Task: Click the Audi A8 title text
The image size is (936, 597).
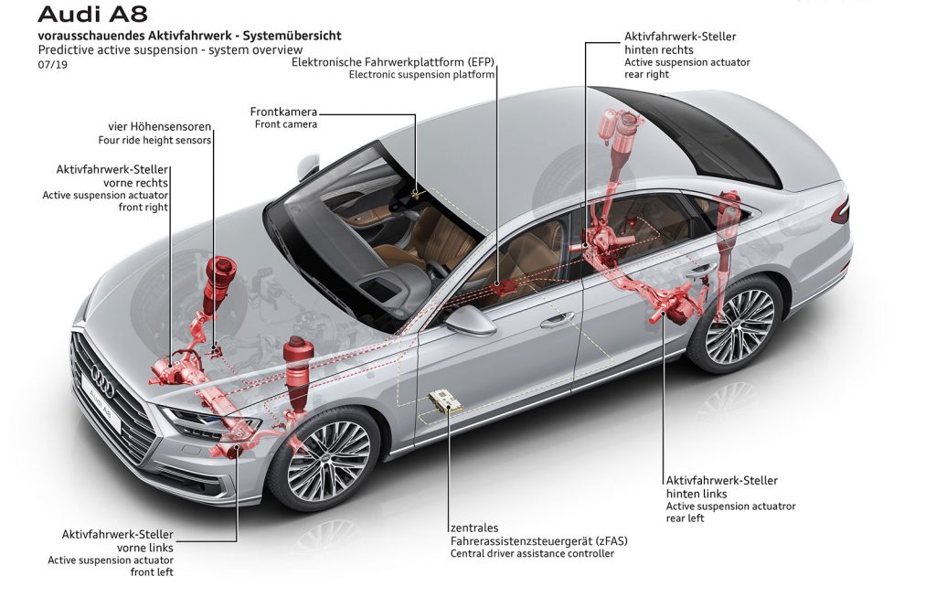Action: click(92, 14)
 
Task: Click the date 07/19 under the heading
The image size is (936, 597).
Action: click(52, 65)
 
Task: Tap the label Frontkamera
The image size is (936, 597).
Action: click(283, 112)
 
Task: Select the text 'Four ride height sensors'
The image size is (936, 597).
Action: click(154, 140)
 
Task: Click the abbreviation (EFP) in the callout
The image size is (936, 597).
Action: click(482, 61)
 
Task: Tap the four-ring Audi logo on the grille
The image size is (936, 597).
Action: click(102, 381)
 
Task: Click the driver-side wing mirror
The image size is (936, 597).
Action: click(469, 320)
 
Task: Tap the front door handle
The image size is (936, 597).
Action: click(557, 321)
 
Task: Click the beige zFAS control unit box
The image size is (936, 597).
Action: click(445, 400)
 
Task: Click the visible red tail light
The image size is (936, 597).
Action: click(841, 211)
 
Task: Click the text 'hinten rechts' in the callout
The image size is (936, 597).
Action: click(659, 49)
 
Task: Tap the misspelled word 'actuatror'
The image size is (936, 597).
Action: click(771, 506)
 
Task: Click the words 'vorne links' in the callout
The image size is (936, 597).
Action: click(145, 548)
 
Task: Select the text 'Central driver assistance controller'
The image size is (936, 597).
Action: click(532, 553)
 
